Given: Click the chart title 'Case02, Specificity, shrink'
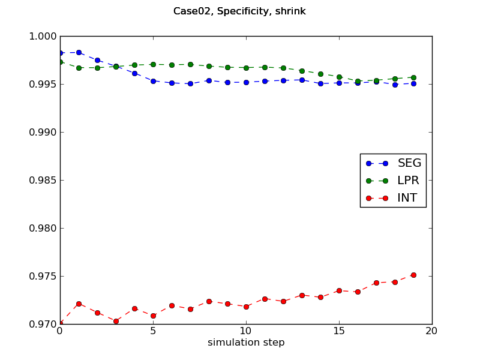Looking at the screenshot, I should [239, 11].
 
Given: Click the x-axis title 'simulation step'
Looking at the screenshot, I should [246, 343].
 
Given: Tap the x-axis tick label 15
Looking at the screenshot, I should [339, 331].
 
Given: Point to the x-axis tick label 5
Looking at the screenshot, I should [153, 331].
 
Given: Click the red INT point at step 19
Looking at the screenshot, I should [413, 275].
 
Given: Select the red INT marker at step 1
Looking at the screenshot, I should [79, 304].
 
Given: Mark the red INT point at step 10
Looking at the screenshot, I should [246, 307].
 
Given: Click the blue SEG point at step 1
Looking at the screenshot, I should [79, 52].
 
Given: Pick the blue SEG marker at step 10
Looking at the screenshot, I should [246, 82].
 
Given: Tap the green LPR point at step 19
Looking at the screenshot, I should [413, 77].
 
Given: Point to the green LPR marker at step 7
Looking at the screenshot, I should [190, 64].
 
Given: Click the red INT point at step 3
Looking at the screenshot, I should [116, 321].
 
